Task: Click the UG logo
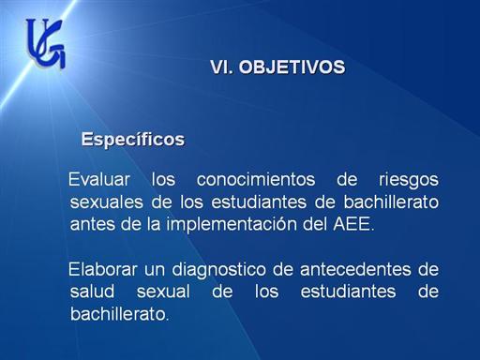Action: point(46,43)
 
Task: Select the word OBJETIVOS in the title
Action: point(292,67)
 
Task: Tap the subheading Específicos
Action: point(133,140)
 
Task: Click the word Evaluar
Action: point(99,179)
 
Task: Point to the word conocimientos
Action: point(256,179)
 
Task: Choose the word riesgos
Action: point(409,181)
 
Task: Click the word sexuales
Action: point(107,202)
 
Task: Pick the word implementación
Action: point(232,225)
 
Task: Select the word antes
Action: point(93,224)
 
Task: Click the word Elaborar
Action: point(103,269)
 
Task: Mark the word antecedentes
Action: point(355,269)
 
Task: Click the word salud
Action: point(92,292)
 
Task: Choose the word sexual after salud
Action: point(163,292)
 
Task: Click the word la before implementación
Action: point(154,224)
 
